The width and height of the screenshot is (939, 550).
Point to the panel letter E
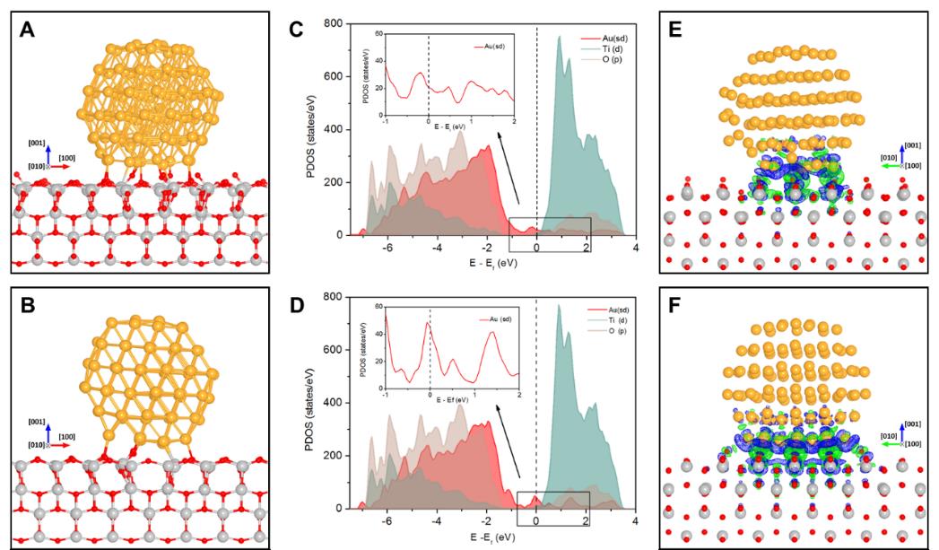pos(684,32)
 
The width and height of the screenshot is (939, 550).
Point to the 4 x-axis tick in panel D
pos(636,521)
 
